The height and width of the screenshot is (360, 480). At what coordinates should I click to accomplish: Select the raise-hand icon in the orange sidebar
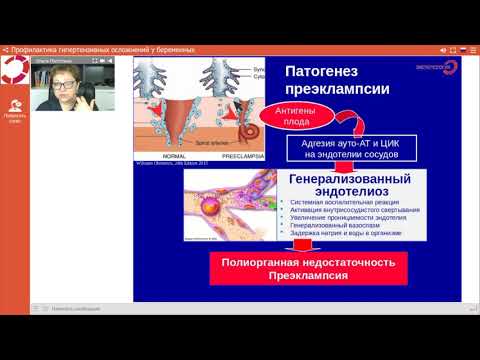click(14, 105)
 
